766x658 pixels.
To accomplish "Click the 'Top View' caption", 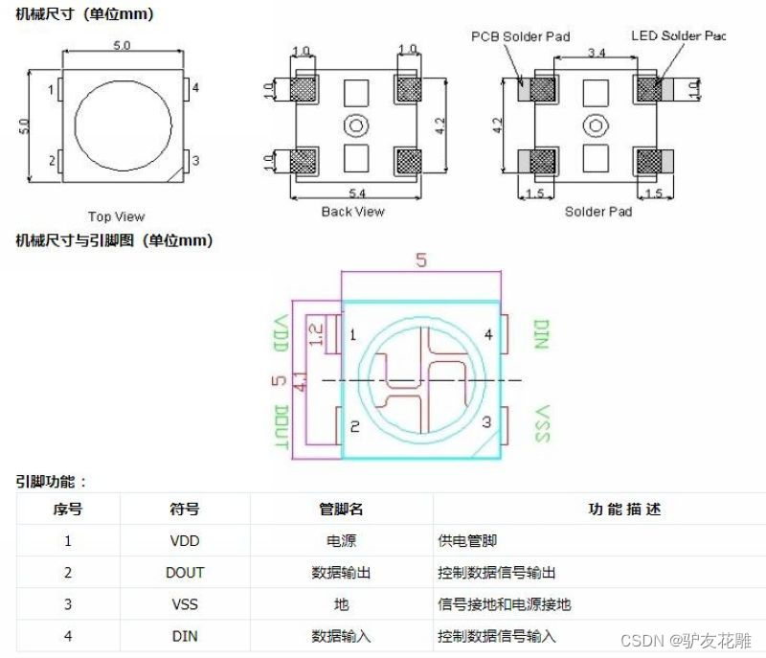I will coord(116,216).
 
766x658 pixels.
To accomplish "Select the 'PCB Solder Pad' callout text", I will coord(520,36).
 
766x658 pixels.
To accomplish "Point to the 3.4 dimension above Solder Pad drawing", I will coord(596,50).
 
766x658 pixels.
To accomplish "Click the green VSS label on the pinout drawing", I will coord(542,423).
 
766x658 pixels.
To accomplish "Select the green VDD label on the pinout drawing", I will coord(282,334).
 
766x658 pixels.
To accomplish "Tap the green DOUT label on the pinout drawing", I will coord(282,426).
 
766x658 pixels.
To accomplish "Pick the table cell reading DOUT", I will coord(184,573).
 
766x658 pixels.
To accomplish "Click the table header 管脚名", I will coord(341,510).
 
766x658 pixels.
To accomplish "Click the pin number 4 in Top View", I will coord(195,88).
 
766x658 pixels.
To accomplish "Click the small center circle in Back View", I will coord(357,125).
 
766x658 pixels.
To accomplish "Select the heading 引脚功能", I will coord(51,482).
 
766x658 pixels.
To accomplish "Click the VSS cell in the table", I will coord(184,604).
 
